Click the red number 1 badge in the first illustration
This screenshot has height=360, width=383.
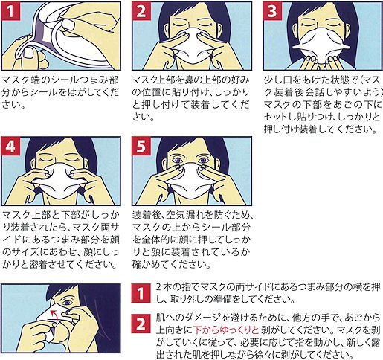pos(10,11)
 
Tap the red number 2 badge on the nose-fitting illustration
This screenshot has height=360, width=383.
pos(141,11)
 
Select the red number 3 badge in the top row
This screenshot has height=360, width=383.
pos(272,11)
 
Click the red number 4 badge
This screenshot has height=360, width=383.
pos(10,146)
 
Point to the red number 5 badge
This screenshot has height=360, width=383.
pos(141,146)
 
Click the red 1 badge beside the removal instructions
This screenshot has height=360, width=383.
pos(141,293)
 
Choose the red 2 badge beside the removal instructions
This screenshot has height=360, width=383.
pos(141,324)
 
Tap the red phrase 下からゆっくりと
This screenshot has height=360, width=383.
pos(226,330)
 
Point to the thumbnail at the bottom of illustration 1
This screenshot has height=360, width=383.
pos(29,53)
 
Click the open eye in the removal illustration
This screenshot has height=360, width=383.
pos(67,302)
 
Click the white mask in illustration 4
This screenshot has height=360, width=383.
pos(60,180)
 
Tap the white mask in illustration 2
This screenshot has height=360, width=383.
pos(191,47)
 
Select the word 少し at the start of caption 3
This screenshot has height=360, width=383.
pos(273,80)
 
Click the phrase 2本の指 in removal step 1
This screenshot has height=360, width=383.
pos(174,287)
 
